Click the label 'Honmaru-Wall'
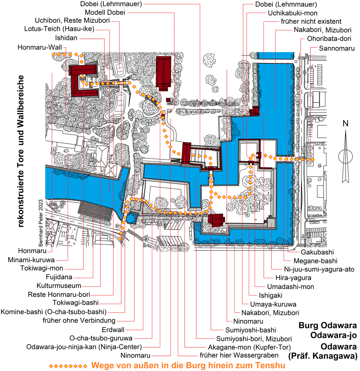pos(40,47)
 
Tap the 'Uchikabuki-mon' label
pos(293,13)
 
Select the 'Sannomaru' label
pos(337,49)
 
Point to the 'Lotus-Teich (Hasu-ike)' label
pos(59,29)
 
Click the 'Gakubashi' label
pos(317,252)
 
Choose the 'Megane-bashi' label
pos(315,261)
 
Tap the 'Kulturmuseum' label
pos(59,286)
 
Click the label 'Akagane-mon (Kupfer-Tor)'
pos(249,347)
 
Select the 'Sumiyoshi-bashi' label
pos(251,330)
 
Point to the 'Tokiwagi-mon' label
pos(42,268)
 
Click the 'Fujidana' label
pos(59,277)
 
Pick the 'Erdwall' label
pos(113,330)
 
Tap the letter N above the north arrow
pos(345,123)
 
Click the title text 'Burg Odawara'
pos(328,326)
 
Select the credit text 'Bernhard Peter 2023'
pos(41,223)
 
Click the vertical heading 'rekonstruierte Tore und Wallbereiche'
pos(21,151)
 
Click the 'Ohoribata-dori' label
pos(329,39)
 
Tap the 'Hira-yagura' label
pos(293,278)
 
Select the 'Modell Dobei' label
pos(105,12)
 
